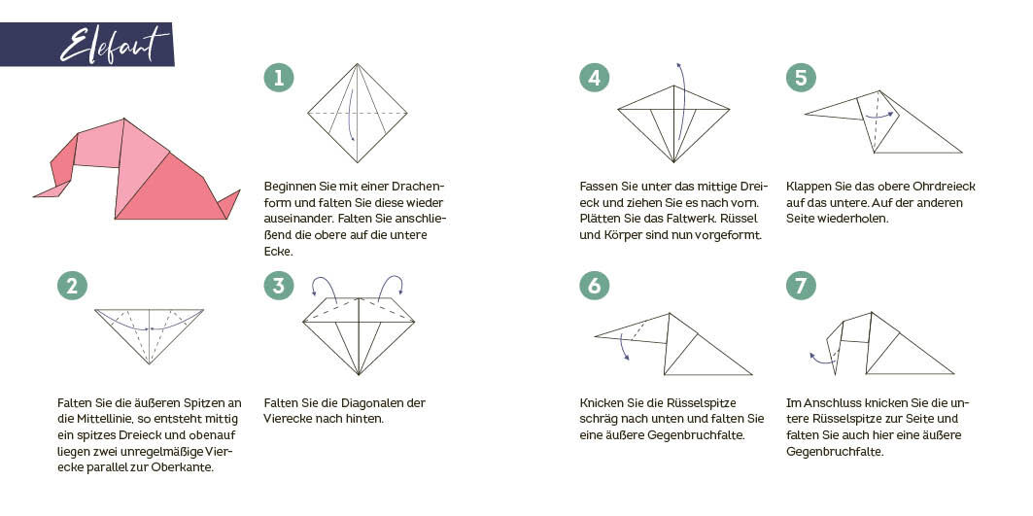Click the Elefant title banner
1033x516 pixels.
tap(86, 44)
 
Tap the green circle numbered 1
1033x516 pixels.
tap(279, 78)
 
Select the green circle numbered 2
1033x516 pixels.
tap(72, 286)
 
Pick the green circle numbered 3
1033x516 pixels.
tap(279, 286)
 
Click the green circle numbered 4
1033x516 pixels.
tap(594, 78)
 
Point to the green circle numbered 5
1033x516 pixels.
tap(801, 78)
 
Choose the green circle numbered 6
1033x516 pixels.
tap(594, 286)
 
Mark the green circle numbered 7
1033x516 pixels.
tap(801, 286)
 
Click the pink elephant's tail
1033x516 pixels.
tap(230, 204)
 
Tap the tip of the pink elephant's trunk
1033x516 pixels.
tap(34, 195)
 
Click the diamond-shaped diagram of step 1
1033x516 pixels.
tap(357, 113)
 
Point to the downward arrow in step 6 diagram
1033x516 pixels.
tap(623, 347)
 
